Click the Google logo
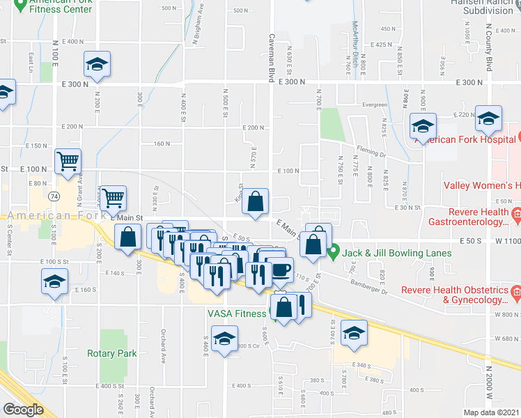23,410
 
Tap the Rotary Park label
112,353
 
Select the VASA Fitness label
236,313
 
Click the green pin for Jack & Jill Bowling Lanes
334,250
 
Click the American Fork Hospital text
467,139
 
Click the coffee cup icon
281,268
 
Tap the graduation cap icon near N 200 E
97,65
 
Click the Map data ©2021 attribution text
492,412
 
